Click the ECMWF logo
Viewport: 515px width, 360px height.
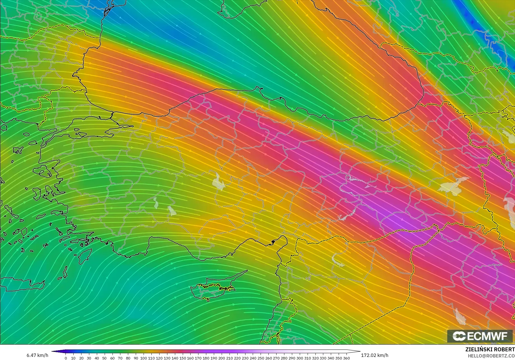pos(480,336)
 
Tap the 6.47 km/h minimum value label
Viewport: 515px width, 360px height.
pos(37,355)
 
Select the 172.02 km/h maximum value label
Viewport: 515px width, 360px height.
pos(374,355)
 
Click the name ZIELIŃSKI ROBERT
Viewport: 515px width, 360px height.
pos(490,350)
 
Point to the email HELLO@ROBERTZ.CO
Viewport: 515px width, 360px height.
pos(491,356)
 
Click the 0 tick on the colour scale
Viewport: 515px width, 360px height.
pos(66,358)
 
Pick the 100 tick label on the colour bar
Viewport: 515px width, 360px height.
pos(144,358)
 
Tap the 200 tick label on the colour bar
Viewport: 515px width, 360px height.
pos(221,358)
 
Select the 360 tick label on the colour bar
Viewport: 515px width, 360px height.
pos(346,358)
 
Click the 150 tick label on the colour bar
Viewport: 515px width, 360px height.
pos(182,358)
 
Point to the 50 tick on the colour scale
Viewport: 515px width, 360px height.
pos(104,358)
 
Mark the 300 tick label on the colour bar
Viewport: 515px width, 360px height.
pos(299,358)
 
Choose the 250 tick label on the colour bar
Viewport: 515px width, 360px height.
pos(261,358)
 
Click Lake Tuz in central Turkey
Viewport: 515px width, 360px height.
pos(218,182)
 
